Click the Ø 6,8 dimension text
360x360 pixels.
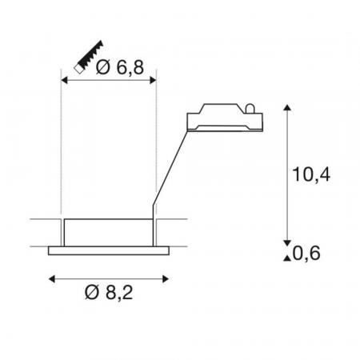(x=120, y=67)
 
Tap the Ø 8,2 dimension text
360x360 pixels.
(x=109, y=292)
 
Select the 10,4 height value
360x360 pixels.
(x=311, y=174)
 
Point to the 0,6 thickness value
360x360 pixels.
(x=306, y=253)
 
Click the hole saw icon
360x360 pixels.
(x=89, y=57)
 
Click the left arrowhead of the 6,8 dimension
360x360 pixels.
(x=64, y=80)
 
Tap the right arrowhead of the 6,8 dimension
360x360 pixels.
(x=153, y=80)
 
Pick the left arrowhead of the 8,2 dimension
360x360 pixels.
(x=52, y=279)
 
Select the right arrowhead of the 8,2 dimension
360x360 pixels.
(x=166, y=279)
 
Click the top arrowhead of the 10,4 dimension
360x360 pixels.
(x=287, y=107)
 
